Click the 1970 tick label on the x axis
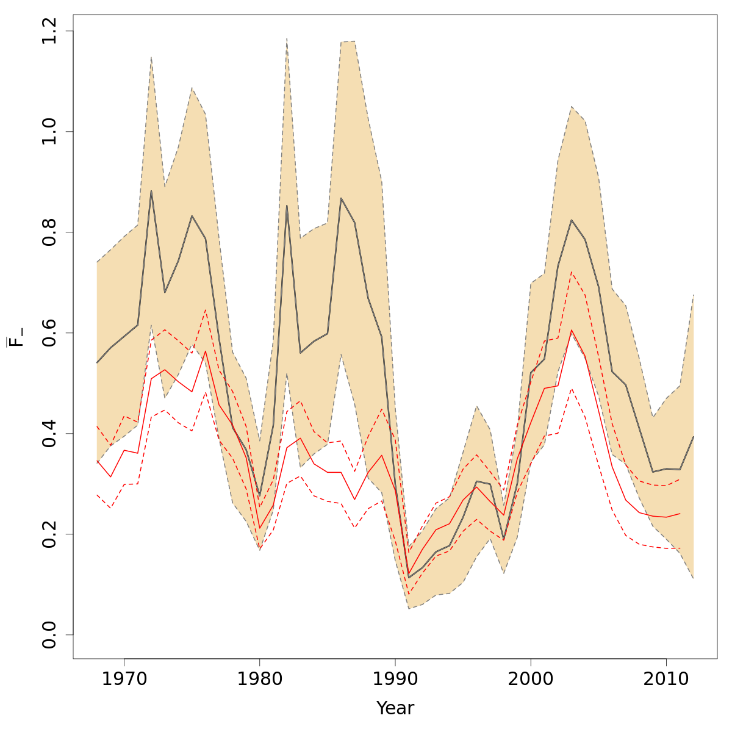click(x=124, y=680)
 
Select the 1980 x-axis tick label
click(x=259, y=680)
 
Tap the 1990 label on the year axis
click(x=395, y=680)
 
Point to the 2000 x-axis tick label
click(x=531, y=680)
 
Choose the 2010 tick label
click(x=666, y=680)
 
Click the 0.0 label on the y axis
click(x=50, y=634)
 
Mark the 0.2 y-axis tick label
click(x=50, y=534)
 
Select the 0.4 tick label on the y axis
click(x=50, y=433)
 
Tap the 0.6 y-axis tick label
click(x=50, y=333)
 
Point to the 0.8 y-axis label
click(x=50, y=232)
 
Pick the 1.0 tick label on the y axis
click(x=50, y=132)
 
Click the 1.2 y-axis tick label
click(x=50, y=31)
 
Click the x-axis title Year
click(x=395, y=708)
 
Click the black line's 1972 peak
click(x=151, y=191)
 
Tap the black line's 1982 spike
click(x=287, y=206)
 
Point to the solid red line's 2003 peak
click(x=572, y=331)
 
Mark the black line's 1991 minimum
click(x=409, y=577)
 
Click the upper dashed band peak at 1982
click(x=287, y=38)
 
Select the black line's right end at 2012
click(x=694, y=437)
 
